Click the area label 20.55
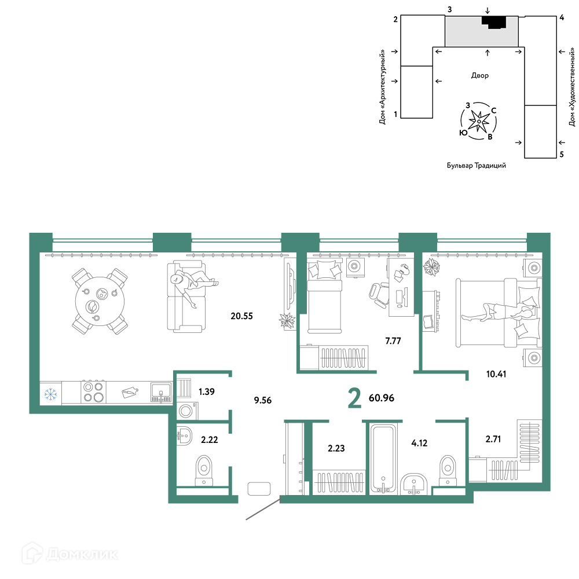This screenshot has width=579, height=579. (241, 316)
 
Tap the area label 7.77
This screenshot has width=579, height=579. (393, 341)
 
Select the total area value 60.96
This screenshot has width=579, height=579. (382, 398)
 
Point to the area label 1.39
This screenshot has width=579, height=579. (207, 391)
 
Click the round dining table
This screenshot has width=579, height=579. (100, 301)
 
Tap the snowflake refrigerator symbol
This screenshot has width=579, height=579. (50, 394)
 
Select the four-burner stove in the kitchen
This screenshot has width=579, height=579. (93, 392)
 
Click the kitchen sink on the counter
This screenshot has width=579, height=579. (161, 392)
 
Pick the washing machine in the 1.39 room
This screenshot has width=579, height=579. (186, 411)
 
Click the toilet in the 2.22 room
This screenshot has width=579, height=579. (204, 470)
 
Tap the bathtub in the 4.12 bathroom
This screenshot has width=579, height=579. (383, 458)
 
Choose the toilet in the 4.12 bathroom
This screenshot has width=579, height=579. (448, 470)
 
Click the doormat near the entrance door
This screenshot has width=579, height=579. (259, 489)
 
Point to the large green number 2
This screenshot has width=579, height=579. (354, 398)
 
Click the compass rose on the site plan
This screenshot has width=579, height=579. (479, 121)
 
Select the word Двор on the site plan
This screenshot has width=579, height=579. (479, 75)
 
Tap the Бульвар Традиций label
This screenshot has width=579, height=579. (477, 166)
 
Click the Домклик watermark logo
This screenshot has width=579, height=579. (70, 554)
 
